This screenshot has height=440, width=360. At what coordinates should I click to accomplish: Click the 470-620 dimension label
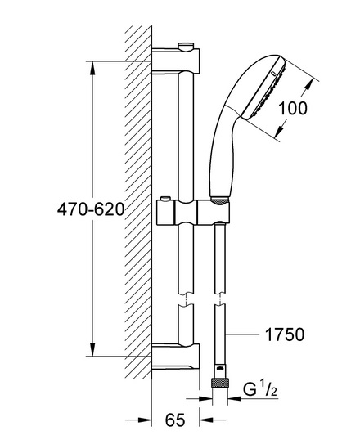[91, 209]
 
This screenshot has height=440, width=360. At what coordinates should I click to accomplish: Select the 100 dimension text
[293, 108]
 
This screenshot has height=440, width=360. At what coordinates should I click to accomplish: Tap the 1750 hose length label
[285, 334]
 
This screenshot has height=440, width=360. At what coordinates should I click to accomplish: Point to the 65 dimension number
[175, 420]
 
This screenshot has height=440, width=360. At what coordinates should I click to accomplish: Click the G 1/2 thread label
[260, 390]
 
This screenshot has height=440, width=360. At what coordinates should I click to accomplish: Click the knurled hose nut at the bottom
[220, 384]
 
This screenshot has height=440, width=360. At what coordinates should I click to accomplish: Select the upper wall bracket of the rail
[176, 61]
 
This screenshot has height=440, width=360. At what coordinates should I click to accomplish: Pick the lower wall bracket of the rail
[176, 356]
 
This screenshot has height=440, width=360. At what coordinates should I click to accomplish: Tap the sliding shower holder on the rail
[193, 212]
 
